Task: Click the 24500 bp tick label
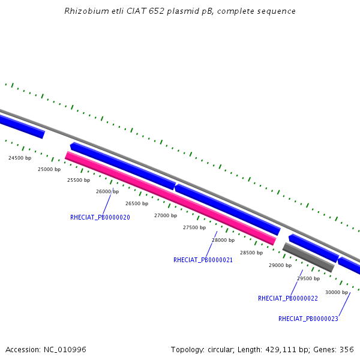click(x=19, y=158)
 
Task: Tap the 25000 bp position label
click(x=49, y=169)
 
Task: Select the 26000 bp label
click(x=107, y=191)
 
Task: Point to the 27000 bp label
click(x=166, y=215)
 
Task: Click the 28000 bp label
click(x=223, y=240)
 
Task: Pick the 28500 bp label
click(x=251, y=253)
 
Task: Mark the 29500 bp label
click(x=308, y=278)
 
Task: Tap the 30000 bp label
click(x=337, y=292)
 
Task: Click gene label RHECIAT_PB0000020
click(x=100, y=217)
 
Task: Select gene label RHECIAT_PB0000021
click(x=203, y=260)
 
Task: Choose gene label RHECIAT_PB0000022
click(x=288, y=298)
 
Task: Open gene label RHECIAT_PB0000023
click(x=308, y=319)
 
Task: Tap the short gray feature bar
click(x=308, y=257)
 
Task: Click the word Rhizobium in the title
click(x=83, y=11)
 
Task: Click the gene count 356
click(x=347, y=349)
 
